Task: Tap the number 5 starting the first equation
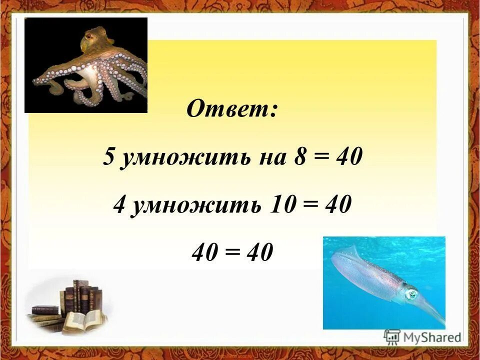[109, 158]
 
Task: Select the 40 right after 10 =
[336, 205]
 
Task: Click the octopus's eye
[89, 36]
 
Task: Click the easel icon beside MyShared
[392, 337]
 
